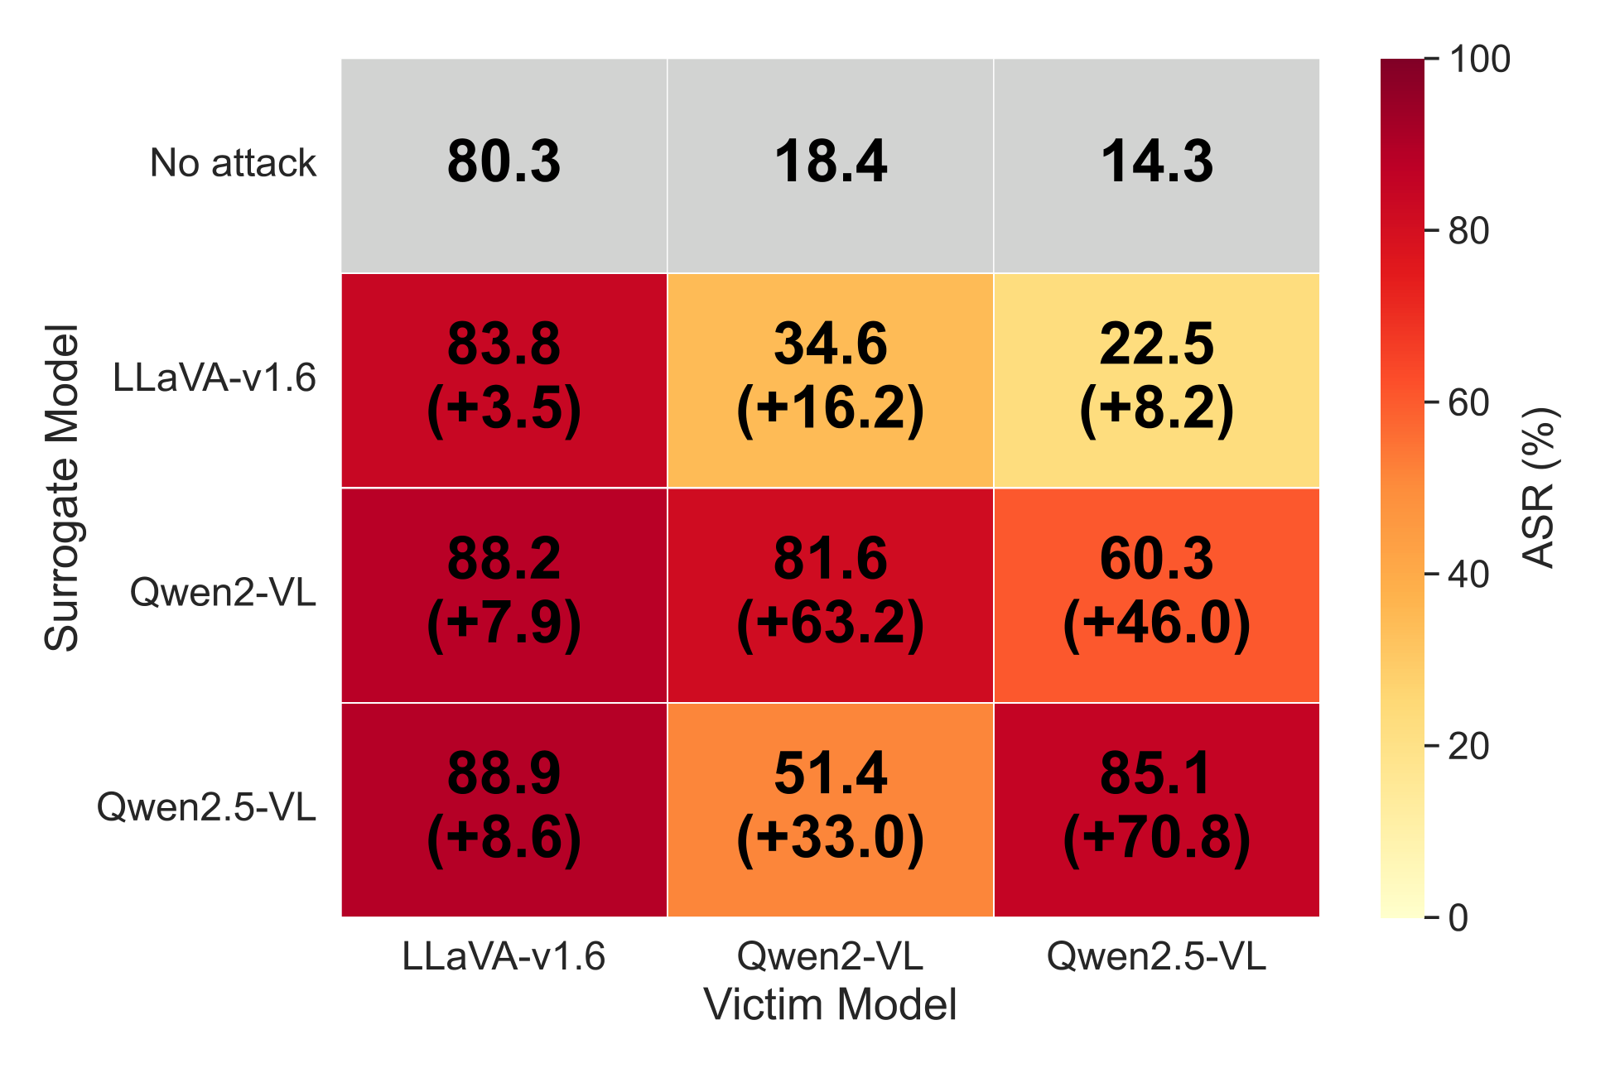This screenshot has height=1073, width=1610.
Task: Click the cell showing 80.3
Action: coord(504,165)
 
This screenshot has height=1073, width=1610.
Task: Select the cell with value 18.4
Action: coord(830,165)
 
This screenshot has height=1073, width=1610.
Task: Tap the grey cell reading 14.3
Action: coord(1156,165)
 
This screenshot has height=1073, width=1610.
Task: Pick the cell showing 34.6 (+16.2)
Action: coord(830,380)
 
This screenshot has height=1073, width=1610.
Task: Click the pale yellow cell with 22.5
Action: coord(1156,380)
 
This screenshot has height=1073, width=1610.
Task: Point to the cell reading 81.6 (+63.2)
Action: coord(830,594)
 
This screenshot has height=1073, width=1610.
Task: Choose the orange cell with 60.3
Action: coord(1156,594)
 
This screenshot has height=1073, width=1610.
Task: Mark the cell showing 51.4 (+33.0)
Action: coord(830,810)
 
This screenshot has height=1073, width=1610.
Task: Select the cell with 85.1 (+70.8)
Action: coord(1156,810)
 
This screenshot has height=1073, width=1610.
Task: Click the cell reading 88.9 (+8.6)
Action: coord(504,810)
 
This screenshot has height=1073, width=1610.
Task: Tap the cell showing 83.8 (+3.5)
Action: coord(504,380)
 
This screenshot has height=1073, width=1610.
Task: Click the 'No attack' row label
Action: coord(233,163)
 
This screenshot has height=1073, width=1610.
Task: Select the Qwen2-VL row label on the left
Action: coord(223,593)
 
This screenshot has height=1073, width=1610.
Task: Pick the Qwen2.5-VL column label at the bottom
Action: coord(1156,956)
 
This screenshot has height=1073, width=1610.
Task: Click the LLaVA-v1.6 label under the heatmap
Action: coord(504,956)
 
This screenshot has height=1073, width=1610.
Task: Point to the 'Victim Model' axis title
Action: coord(830,1004)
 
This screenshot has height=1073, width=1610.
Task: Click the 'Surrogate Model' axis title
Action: coord(62,488)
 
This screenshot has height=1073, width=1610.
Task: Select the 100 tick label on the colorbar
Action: coord(1479,60)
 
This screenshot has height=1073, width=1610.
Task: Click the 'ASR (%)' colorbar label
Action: coord(1540,488)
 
